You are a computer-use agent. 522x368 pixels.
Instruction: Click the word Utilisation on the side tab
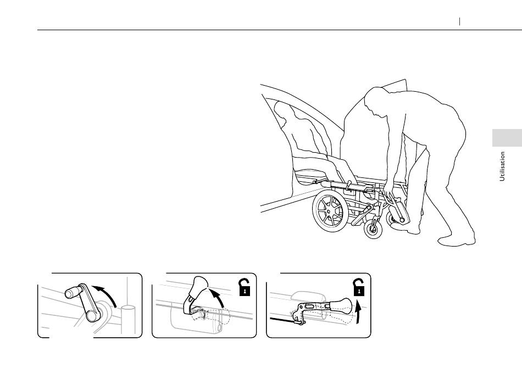[502, 166]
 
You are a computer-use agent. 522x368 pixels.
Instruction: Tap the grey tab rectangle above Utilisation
[507, 138]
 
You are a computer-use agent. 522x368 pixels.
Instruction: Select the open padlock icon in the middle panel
[245, 287]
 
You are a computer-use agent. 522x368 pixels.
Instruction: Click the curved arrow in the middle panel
[219, 297]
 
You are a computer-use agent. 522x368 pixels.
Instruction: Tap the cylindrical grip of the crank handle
[74, 292]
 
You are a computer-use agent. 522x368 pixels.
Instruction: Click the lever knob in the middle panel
[199, 286]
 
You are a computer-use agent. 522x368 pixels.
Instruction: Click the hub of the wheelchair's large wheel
[329, 211]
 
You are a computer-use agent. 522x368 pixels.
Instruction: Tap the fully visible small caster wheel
[373, 229]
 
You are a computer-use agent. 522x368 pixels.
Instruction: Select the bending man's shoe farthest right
[457, 241]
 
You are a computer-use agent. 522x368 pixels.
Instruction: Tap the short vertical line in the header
[459, 21]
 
